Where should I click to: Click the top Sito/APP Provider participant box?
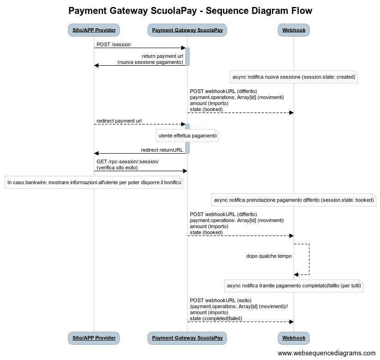coord(94,31)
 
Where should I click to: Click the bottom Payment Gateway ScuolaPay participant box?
coord(187,338)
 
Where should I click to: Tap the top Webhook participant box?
coord(294,31)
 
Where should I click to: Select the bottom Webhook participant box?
coord(294,338)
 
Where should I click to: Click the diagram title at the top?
coord(190,11)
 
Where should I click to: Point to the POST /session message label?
coord(114,44)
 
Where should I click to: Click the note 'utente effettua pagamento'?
coord(187,136)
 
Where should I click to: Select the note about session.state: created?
coord(294,77)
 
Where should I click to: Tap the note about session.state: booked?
coord(294,200)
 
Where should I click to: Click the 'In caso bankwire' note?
coord(94,183)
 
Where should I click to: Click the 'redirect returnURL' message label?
coord(162,150)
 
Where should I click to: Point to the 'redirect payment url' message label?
coord(119,121)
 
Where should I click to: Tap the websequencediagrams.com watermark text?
coord(326,353)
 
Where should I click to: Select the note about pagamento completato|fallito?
coord(294,286)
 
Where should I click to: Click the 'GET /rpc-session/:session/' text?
coord(128,161)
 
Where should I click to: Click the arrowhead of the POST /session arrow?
coord(183,48)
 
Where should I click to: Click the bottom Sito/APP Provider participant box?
coord(94,338)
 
